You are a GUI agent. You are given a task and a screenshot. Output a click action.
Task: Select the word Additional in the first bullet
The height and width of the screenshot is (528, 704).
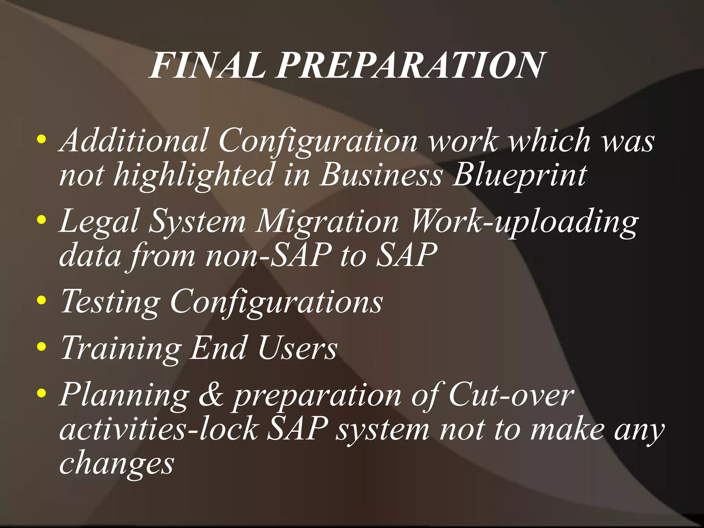click(134, 141)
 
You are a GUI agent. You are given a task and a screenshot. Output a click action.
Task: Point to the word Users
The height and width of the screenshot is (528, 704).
click(298, 348)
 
